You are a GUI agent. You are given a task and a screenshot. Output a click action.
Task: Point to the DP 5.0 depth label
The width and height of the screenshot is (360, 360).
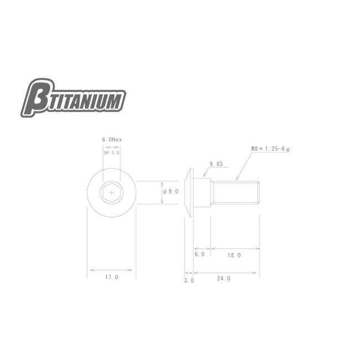pyautogui.click(x=112, y=153)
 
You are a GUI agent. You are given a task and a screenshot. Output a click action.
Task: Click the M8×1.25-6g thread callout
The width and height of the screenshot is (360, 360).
pyautogui.click(x=275, y=148)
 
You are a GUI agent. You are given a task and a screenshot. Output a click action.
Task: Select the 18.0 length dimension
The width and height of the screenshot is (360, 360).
pyautogui.click(x=234, y=255)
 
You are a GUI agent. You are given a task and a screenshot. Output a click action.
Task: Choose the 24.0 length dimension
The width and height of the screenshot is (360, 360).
pyautogui.click(x=224, y=279)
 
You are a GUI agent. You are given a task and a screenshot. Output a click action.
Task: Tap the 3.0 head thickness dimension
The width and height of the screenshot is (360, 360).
pyautogui.click(x=188, y=281)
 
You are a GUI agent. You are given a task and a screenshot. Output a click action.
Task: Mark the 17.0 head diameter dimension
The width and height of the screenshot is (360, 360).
pyautogui.click(x=111, y=277)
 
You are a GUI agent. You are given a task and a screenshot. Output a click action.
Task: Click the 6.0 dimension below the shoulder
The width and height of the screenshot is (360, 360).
pyautogui.click(x=199, y=255)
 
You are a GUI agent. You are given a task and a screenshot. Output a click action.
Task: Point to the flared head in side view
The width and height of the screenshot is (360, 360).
pyautogui.click(x=190, y=192)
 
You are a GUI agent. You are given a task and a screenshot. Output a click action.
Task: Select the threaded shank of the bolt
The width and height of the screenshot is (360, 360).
pyautogui.click(x=235, y=192)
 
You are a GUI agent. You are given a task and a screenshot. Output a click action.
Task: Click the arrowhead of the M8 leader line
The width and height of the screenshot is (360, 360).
pyautogui.click(x=238, y=178)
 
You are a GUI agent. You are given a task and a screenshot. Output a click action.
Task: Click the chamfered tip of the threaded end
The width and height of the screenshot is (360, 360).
pyautogui.click(x=258, y=192)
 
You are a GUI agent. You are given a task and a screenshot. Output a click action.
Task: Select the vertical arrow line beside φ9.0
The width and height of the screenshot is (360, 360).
pyautogui.click(x=161, y=192)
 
